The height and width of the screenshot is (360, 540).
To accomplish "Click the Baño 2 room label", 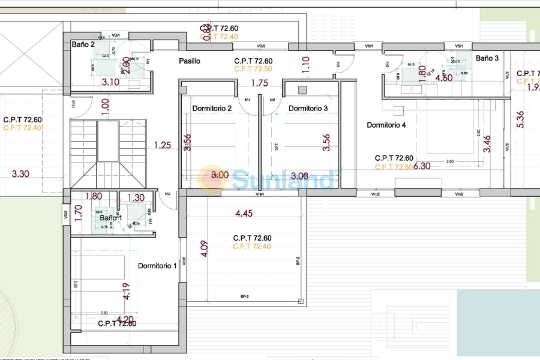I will coord(83,44).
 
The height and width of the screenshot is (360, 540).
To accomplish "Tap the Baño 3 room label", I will coord(487,58).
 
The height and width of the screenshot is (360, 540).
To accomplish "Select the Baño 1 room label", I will coord(110,218).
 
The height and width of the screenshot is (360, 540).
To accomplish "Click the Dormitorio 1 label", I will coord(157,266).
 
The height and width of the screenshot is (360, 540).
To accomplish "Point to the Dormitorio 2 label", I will coord(212,109).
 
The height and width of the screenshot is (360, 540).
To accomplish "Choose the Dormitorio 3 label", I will coord(308,109).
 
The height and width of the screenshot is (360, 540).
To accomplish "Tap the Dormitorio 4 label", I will coord(386,125).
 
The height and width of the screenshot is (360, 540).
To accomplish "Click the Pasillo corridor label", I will coord(189,61).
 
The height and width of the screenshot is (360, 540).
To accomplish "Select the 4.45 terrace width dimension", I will coord(244,213).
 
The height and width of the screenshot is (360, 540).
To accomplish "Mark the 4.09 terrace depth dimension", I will coord(204,248).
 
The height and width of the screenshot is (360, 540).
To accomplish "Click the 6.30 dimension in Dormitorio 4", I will coord(422,166).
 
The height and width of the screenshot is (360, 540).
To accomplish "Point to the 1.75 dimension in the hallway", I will coord(259,83).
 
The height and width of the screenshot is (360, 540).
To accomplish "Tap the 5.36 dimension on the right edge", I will coord(520,119).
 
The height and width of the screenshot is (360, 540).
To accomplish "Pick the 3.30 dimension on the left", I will coord(21,174).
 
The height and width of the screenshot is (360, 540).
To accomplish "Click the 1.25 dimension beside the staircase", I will coord(162,145).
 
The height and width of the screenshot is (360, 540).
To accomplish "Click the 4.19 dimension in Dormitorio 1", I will coord(127,292).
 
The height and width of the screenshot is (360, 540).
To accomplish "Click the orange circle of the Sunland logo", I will coord(212,179).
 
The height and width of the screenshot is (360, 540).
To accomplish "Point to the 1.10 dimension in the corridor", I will coord(305,64).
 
